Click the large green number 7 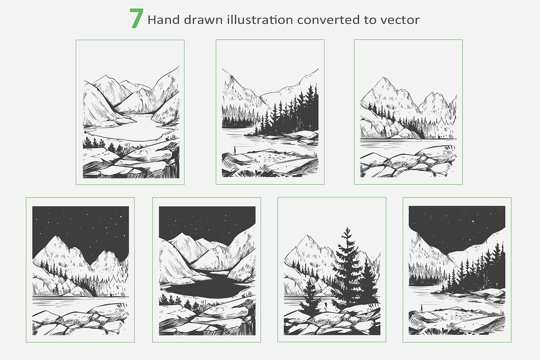pyautogui.click(x=137, y=18)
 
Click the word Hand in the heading pyautogui.click(x=164, y=20)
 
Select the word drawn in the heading pyautogui.click(x=203, y=20)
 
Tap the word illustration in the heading pyautogui.click(x=260, y=20)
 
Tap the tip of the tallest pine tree pyautogui.click(x=347, y=227)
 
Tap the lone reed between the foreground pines pyautogui.click(x=325, y=306)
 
